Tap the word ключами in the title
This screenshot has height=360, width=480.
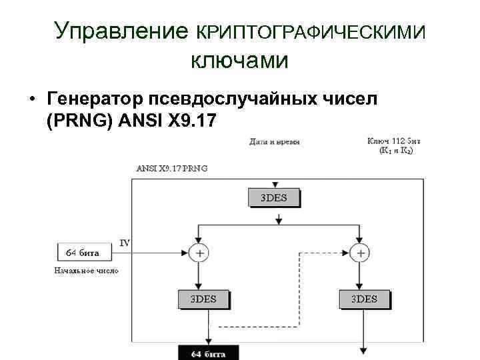pyautogui.click(x=239, y=61)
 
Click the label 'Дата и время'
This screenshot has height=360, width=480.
pyautogui.click(x=275, y=142)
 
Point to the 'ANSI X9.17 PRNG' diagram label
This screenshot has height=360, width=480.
pyautogui.click(x=172, y=168)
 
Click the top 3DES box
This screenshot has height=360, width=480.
pyautogui.click(x=274, y=197)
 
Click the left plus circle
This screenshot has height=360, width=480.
pyautogui.click(x=199, y=253)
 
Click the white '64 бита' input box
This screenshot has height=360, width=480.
pyautogui.click(x=85, y=253)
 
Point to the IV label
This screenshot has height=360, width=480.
pyautogui.click(x=125, y=243)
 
